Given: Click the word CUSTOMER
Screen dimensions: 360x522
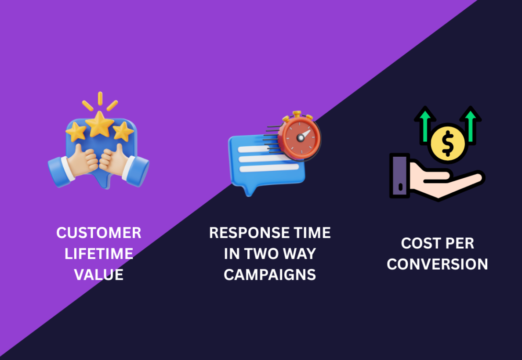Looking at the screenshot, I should pyautogui.click(x=99, y=233).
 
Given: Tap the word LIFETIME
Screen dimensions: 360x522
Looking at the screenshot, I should pyautogui.click(x=99, y=254).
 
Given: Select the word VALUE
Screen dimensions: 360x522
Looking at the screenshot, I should pyautogui.click(x=99, y=275).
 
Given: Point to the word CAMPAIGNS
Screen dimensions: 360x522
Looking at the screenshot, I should pyautogui.click(x=270, y=275).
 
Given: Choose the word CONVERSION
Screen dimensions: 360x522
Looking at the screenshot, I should pyautogui.click(x=437, y=264).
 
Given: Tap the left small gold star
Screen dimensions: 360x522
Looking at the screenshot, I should pyautogui.click(x=76, y=131).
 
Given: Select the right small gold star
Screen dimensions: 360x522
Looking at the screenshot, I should pyautogui.click(x=123, y=131).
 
